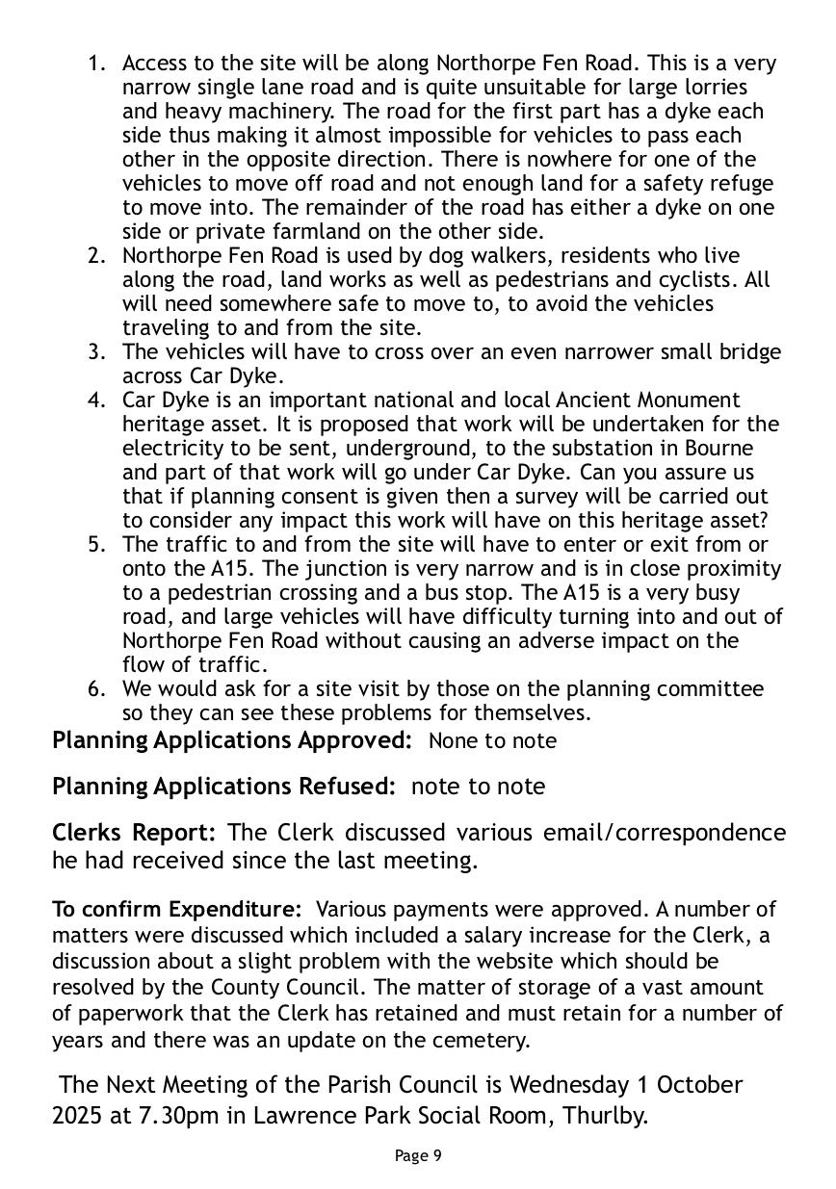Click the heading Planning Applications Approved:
coord(233,740)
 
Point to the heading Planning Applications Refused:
coord(223,787)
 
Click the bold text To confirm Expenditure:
coord(178,910)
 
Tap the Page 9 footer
coord(418,1155)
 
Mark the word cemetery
coord(483,1040)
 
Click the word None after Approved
coord(453,741)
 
